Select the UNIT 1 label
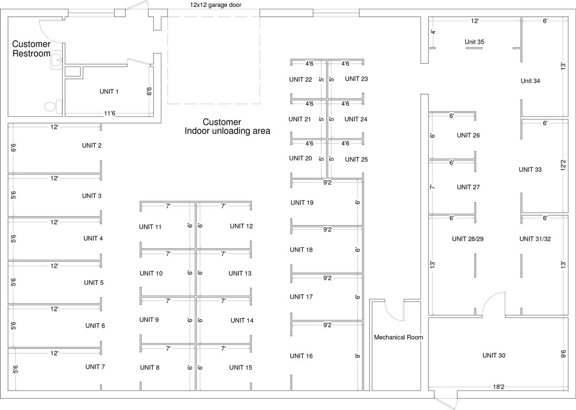tap(109, 92)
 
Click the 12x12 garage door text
tap(216, 5)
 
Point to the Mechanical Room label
tap(398, 337)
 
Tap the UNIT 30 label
tap(494, 356)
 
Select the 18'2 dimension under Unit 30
tap(498, 387)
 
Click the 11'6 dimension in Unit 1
tap(109, 114)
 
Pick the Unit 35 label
tap(474, 42)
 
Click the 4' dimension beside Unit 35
tap(433, 32)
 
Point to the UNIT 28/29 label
tap(467, 239)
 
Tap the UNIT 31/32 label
tap(535, 239)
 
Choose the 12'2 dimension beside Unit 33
tap(563, 166)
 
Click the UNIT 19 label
tap(302, 203)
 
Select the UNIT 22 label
tap(300, 80)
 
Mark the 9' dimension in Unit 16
tap(358, 356)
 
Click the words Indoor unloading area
tap(227, 131)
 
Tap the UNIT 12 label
tap(241, 226)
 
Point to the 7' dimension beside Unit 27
tap(432, 187)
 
